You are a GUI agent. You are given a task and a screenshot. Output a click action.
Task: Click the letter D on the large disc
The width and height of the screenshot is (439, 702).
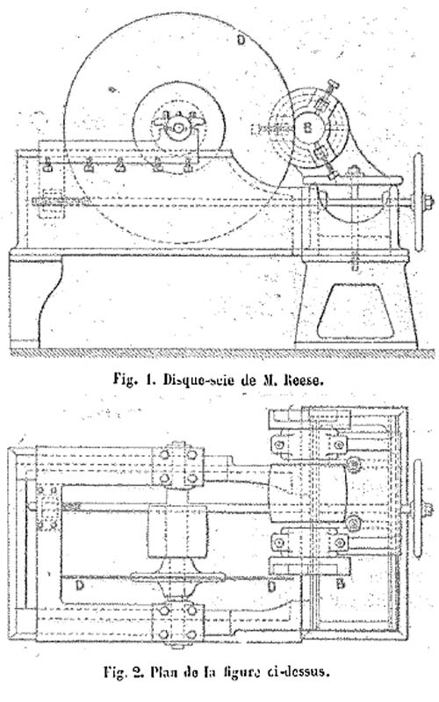click(x=241, y=40)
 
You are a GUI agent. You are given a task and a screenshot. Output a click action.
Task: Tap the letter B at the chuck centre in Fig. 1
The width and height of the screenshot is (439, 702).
click(x=307, y=127)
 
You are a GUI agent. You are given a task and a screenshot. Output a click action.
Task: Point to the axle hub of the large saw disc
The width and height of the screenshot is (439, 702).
click(x=179, y=127)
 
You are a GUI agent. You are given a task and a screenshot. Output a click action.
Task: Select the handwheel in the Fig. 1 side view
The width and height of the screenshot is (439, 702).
click(x=419, y=202)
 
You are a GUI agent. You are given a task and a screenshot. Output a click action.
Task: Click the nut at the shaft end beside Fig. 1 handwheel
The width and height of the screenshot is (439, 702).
click(x=428, y=202)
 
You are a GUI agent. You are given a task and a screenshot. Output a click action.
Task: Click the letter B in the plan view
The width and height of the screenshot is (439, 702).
click(x=340, y=584)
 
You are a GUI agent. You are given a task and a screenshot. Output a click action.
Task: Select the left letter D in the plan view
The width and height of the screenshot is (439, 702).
click(x=80, y=585)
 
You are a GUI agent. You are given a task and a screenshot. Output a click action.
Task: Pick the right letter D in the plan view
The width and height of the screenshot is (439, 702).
click(x=270, y=586)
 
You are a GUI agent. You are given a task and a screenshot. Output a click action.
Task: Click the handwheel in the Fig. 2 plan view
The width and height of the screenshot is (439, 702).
click(x=418, y=509)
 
